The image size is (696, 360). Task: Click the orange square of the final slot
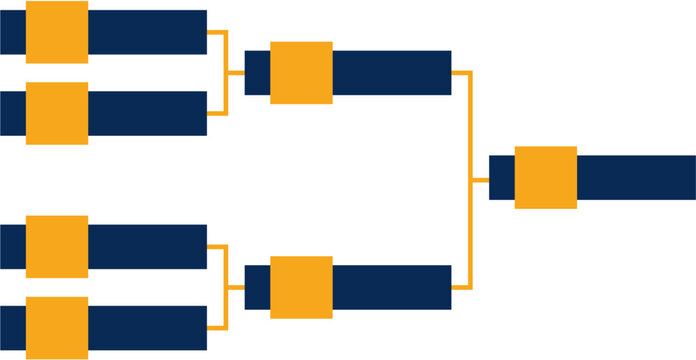pos(546,177)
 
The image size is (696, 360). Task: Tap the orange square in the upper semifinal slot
pos(301,73)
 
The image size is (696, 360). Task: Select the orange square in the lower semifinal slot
pos(301,287)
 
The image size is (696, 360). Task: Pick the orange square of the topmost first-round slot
pos(56,32)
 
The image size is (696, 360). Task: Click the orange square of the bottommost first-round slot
pos(56,328)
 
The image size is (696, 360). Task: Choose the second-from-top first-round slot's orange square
pos(56,113)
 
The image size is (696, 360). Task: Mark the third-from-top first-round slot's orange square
pos(56,246)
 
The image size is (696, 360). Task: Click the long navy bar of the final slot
pos(636,177)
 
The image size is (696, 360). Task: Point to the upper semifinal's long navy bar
pos(392,73)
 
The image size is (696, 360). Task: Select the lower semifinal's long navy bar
pos(392,287)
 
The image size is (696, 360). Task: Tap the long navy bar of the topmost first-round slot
pos(147,32)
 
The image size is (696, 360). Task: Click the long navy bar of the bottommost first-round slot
pos(147,328)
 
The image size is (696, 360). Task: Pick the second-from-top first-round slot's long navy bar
pos(147,113)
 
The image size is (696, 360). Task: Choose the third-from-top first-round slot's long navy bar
pos(147,246)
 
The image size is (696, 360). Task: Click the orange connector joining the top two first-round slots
pos(227,73)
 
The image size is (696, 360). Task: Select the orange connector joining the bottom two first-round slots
pos(227,287)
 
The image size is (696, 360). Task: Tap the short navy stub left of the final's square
pos(501,177)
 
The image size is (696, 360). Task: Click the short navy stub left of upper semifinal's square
pos(257,73)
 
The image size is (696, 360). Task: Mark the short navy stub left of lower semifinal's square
pos(257,287)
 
